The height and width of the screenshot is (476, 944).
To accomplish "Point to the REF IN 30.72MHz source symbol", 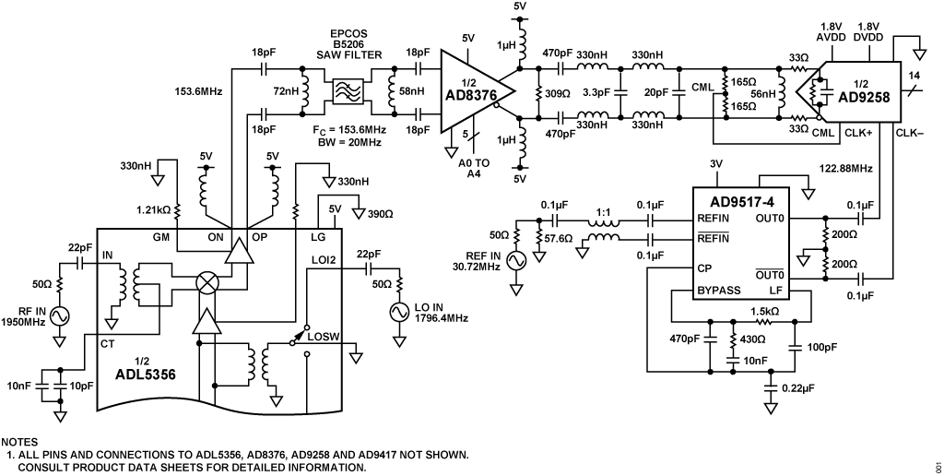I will tap(513, 261).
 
